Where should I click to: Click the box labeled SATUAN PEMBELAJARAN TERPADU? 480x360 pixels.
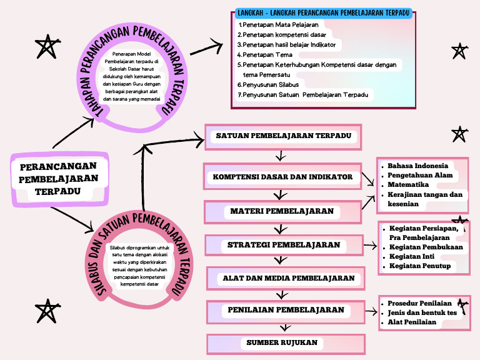point(283,136)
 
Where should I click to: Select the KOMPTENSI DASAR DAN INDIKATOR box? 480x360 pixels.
point(282,177)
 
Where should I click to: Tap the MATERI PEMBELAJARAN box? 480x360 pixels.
point(282,211)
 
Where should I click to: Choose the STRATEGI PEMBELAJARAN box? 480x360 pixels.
point(284,245)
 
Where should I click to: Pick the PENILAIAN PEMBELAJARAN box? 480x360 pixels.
point(286,310)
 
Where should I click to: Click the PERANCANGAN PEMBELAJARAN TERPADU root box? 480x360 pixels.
point(58,178)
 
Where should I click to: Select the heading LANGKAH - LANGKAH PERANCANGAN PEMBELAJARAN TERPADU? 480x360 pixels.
point(323,13)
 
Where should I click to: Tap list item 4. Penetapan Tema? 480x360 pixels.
point(266,55)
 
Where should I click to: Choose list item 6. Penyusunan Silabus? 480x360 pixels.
point(268,84)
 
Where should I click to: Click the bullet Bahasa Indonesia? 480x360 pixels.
point(417,166)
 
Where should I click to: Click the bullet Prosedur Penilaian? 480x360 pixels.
point(419,303)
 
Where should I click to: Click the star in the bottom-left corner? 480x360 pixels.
point(46,311)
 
